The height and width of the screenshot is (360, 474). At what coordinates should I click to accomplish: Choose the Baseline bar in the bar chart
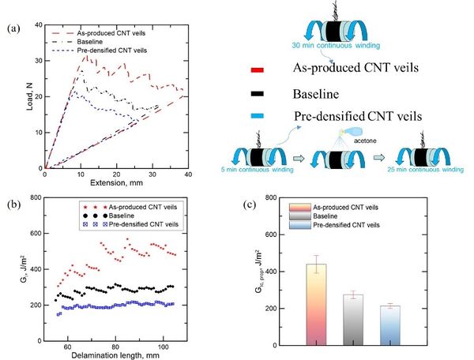click(354, 319)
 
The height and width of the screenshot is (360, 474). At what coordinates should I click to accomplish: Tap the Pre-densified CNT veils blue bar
click(390, 324)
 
